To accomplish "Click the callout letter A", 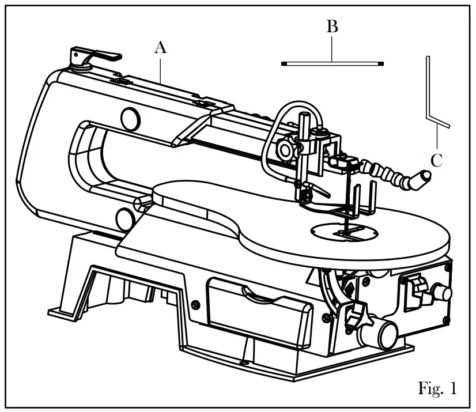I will tap(160, 48).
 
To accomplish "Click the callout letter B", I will tap(332, 27).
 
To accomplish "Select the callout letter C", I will tap(436, 160).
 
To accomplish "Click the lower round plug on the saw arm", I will tap(124, 217).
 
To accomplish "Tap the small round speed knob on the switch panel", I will tap(443, 293).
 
